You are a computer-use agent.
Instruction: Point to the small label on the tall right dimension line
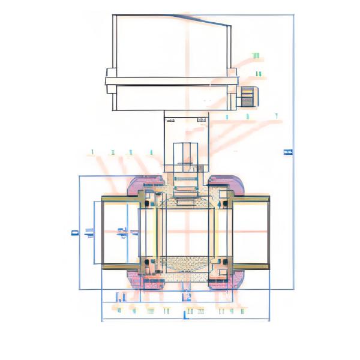pos(287,152)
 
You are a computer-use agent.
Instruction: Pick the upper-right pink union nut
pos(226,184)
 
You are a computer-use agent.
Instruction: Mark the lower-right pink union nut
pos(226,279)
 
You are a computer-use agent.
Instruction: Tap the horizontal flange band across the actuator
pos(172,81)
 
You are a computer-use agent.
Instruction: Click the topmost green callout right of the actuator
pos(256,56)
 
